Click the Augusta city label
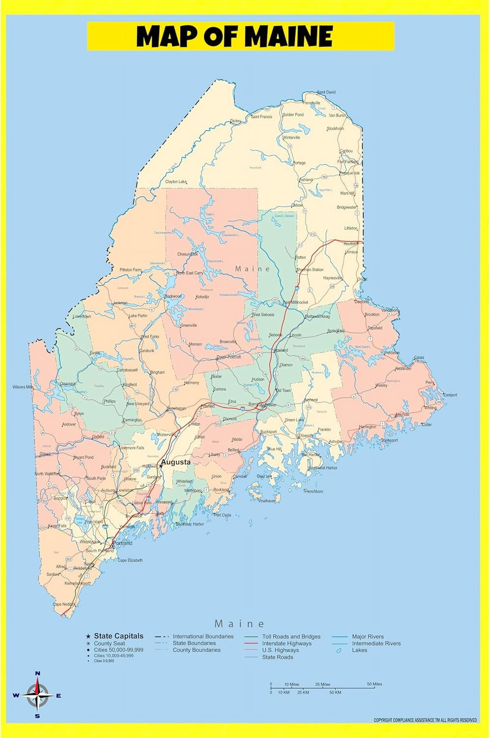coord(176,462)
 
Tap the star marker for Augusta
coord(161,466)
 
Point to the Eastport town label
coord(450,395)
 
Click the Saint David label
coord(326,92)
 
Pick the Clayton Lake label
coord(176,182)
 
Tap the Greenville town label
coord(188,325)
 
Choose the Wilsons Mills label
coord(23,387)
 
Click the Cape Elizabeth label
coord(130,560)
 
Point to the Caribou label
coord(346,151)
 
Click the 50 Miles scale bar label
coord(374,684)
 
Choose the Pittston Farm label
coord(131,270)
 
